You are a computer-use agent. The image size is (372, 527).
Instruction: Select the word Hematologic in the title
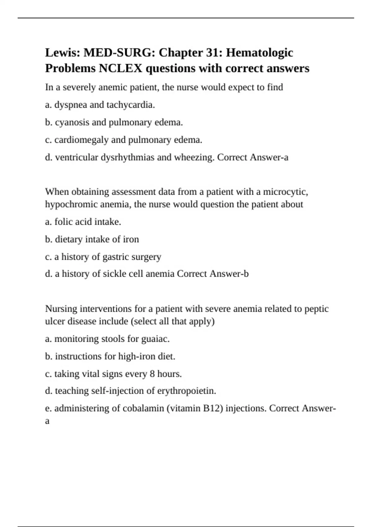coord(259,53)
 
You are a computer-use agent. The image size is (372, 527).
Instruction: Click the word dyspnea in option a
coord(71,105)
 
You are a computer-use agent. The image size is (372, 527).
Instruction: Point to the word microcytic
coord(286,192)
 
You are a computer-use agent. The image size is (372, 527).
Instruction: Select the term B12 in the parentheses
coord(213,408)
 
